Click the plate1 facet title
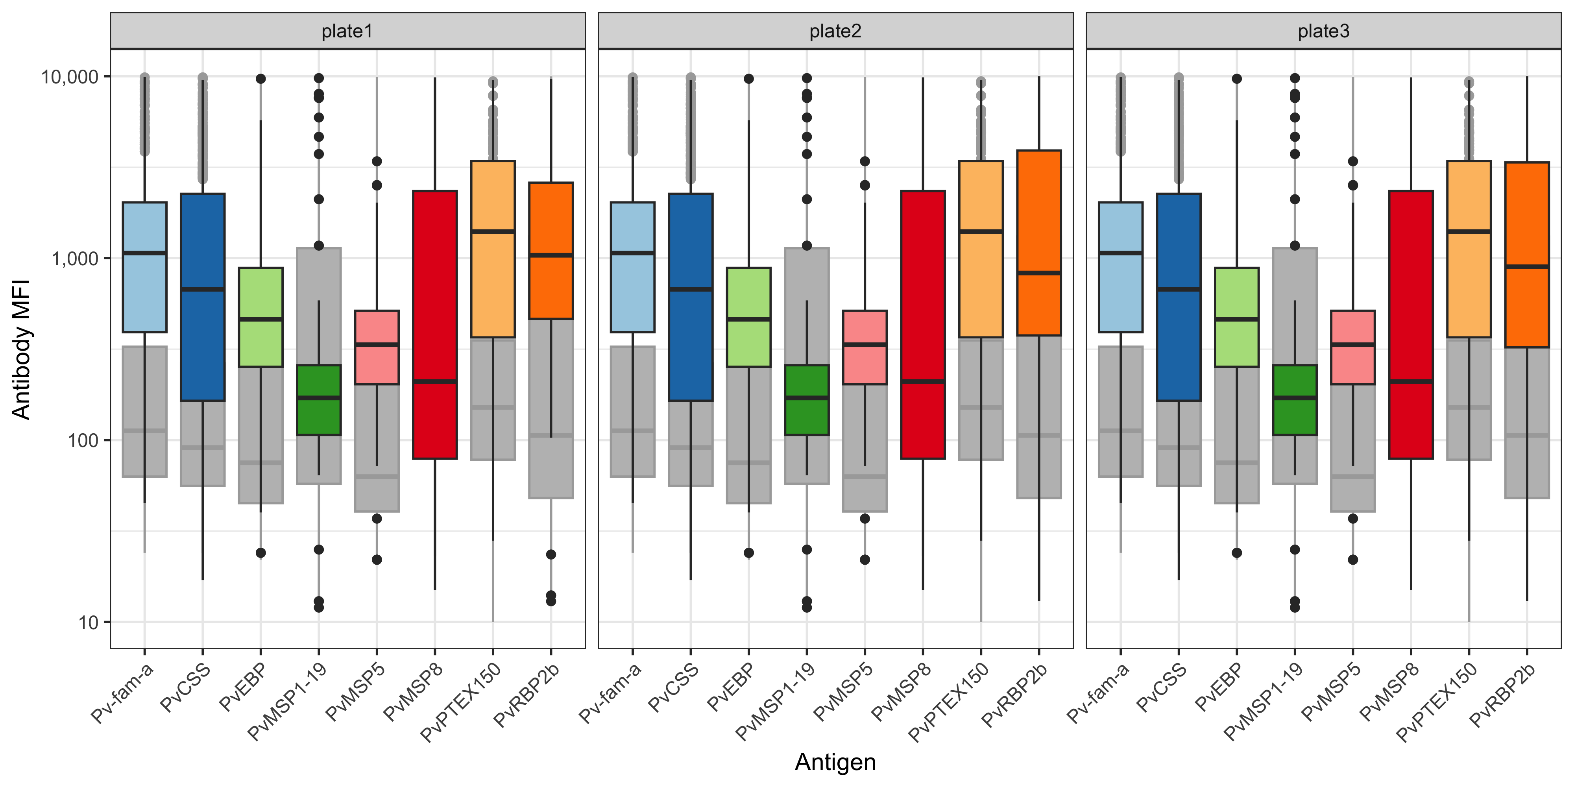tap(347, 31)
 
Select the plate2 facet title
tap(835, 31)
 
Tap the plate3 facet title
tap(1323, 31)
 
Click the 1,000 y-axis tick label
tap(74, 259)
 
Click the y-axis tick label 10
tap(89, 623)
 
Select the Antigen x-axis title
tap(835, 762)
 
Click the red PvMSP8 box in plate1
tap(435, 324)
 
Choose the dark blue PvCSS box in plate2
tap(691, 297)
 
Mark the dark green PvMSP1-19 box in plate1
tap(318, 400)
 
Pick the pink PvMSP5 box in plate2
tap(865, 347)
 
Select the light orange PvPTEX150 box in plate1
tap(493, 249)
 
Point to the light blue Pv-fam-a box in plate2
tap(632, 267)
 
